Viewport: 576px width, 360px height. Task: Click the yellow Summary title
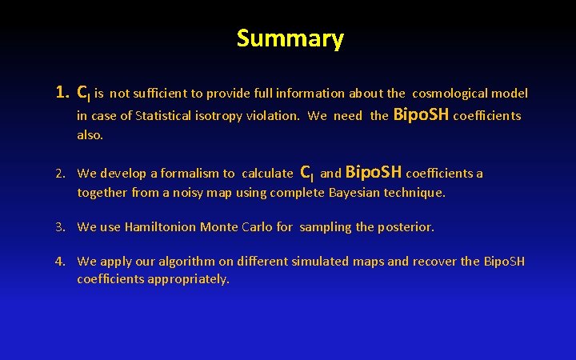pyautogui.click(x=290, y=39)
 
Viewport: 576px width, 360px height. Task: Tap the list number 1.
pyautogui.click(x=62, y=92)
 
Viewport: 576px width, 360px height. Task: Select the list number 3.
pyautogui.click(x=60, y=227)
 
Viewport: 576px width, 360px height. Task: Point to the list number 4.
pyautogui.click(x=60, y=262)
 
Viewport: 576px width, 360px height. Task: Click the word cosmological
pyautogui.click(x=450, y=94)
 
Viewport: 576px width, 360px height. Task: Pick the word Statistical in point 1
pyautogui.click(x=163, y=116)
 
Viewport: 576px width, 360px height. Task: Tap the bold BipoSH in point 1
pyautogui.click(x=421, y=114)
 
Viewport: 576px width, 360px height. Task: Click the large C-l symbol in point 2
pyautogui.click(x=307, y=173)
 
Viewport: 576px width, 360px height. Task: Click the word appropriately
pyautogui.click(x=189, y=279)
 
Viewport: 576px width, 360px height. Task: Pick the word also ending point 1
pyautogui.click(x=90, y=135)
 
